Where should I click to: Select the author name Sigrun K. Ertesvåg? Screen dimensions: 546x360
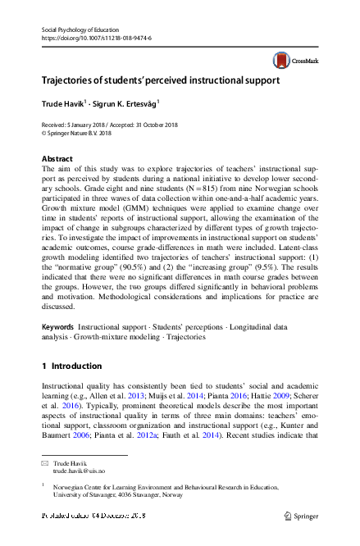126,103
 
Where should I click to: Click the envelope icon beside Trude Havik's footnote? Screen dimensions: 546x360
46,464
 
